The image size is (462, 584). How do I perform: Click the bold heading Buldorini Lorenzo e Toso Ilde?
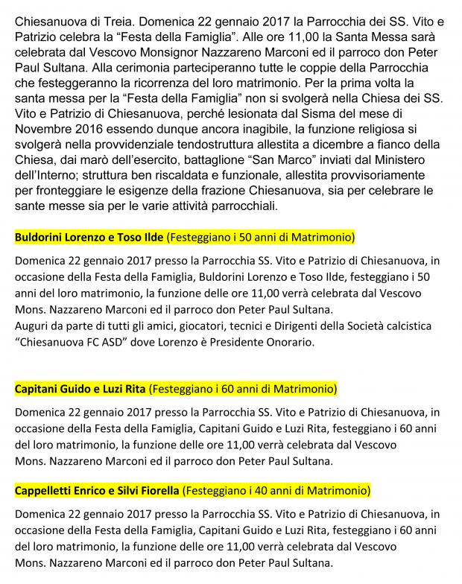point(90,238)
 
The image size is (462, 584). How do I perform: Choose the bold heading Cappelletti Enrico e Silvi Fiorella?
point(98,491)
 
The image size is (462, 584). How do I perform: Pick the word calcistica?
point(417,326)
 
